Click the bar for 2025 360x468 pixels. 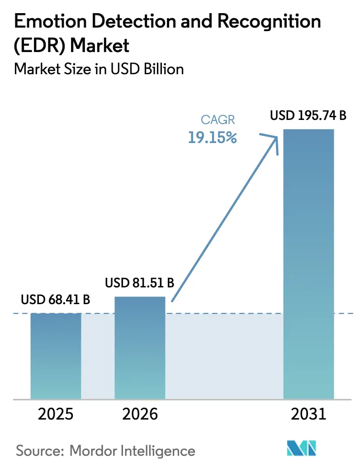point(56,356)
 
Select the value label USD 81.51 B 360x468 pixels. point(140,283)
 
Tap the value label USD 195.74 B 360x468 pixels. point(308,116)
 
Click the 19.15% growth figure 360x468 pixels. point(213,138)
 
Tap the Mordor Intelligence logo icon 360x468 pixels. point(302,449)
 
